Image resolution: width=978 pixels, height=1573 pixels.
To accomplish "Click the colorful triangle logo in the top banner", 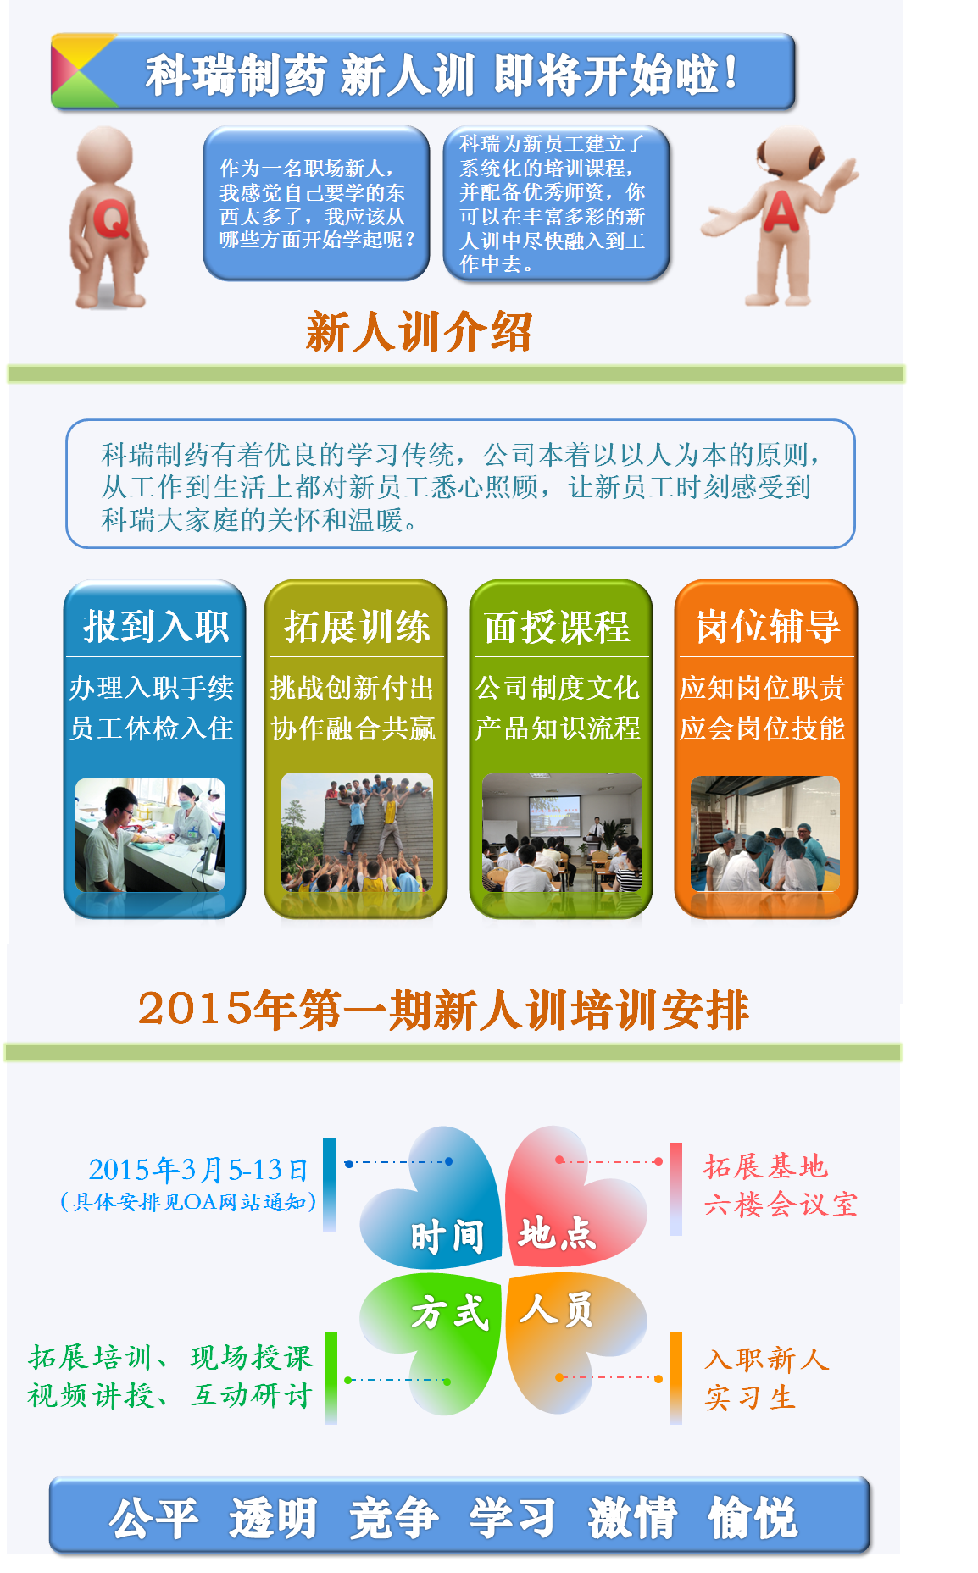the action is (x=83, y=71).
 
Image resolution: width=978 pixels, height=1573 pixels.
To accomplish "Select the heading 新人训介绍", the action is (x=420, y=331).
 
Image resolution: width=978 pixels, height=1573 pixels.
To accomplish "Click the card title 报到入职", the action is (x=156, y=627).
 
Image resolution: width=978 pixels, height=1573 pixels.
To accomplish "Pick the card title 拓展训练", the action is (x=357, y=627).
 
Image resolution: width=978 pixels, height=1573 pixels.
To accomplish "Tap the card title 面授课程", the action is (x=558, y=627).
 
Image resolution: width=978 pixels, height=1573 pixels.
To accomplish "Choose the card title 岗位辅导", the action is (x=768, y=627).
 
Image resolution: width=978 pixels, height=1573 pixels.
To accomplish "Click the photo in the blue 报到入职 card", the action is (x=150, y=835).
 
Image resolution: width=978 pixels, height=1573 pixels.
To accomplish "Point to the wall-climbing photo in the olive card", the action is (x=357, y=833).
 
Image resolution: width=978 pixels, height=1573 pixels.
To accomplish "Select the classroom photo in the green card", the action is (x=562, y=833).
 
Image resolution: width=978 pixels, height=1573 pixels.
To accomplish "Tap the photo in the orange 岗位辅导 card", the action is (x=765, y=834).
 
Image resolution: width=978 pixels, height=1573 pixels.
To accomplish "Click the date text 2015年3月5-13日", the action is (x=198, y=1170).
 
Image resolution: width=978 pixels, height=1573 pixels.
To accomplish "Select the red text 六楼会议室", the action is (x=781, y=1205).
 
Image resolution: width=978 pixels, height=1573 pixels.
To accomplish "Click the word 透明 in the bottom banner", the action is (x=273, y=1518).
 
